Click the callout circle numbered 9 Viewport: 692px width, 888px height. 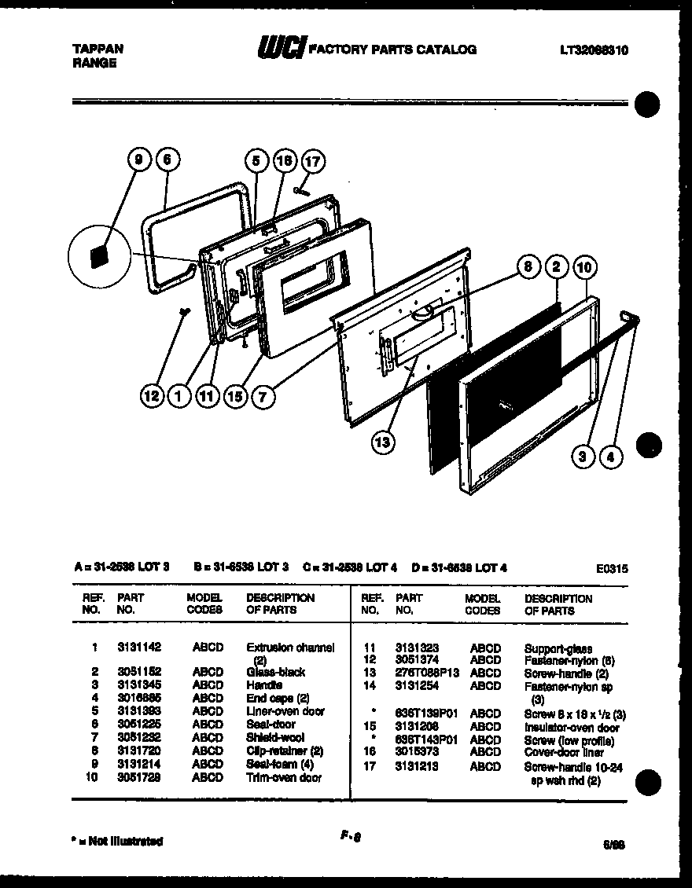pyautogui.click(x=138, y=160)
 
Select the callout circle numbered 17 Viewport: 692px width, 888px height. pyautogui.click(x=312, y=161)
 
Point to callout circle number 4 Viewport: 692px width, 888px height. pyautogui.click(x=609, y=456)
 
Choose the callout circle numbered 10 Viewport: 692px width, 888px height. pyautogui.click(x=583, y=268)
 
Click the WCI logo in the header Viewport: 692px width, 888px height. pyautogui.click(x=280, y=50)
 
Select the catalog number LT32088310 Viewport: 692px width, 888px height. pyautogui.click(x=594, y=50)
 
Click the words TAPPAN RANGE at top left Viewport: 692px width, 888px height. pyautogui.click(x=98, y=56)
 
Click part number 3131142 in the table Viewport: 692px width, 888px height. pyautogui.click(x=139, y=648)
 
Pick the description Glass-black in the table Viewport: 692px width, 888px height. pyautogui.click(x=275, y=673)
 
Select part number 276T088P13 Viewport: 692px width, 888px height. pyautogui.click(x=427, y=673)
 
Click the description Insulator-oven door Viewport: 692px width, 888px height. pyautogui.click(x=572, y=728)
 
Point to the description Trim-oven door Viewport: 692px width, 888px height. pyautogui.click(x=283, y=778)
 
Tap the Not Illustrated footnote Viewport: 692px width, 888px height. pyautogui.click(x=117, y=841)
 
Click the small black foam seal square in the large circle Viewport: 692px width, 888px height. pyautogui.click(x=98, y=256)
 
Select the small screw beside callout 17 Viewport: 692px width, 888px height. pyautogui.click(x=300, y=189)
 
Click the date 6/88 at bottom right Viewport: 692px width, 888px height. pyautogui.click(x=613, y=845)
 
